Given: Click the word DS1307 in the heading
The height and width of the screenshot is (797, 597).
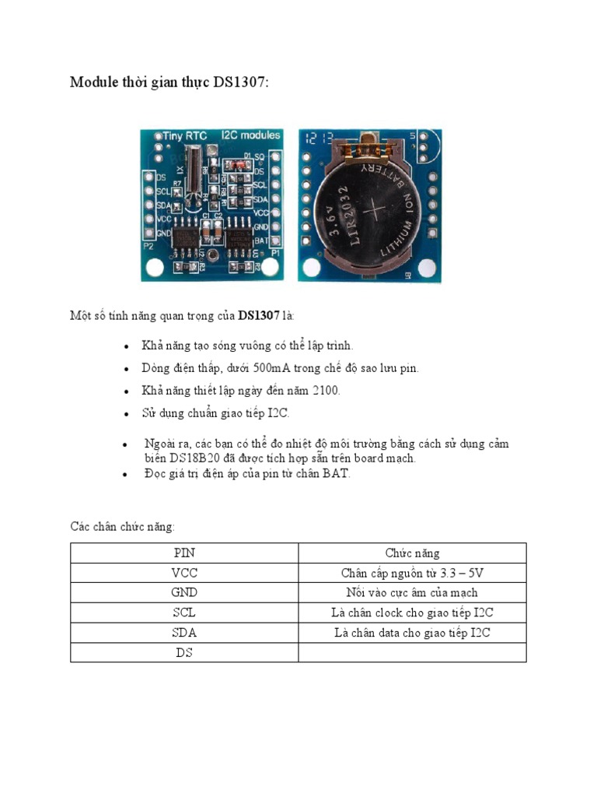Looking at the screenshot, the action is tap(239, 83).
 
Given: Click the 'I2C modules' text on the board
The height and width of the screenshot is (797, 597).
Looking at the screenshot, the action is tap(250, 135).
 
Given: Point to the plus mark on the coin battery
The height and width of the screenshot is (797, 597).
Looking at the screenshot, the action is tap(376, 211).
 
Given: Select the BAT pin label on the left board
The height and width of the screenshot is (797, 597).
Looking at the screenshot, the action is tap(261, 241).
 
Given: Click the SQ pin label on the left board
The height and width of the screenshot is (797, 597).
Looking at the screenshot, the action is tap(260, 156).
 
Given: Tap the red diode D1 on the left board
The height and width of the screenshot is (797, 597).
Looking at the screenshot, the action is tap(232, 164).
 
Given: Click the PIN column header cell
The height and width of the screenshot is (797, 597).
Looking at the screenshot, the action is tap(184, 553).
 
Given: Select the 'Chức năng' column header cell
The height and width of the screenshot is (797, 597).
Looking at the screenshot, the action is tap(412, 553).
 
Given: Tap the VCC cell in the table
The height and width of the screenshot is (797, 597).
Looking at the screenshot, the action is tap(184, 573).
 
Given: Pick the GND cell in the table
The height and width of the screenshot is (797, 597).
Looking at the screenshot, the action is tap(184, 593).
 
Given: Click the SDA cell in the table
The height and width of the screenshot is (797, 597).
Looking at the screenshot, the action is tap(184, 633).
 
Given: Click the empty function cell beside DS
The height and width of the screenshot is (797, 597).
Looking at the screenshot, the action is tap(412, 653).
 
